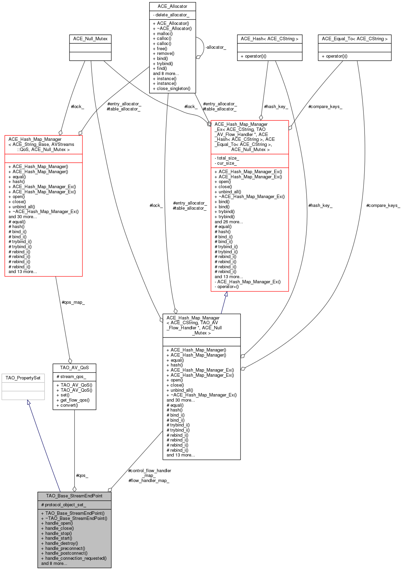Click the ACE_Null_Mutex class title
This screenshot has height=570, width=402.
(90, 39)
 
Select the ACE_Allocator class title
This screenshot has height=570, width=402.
(172, 6)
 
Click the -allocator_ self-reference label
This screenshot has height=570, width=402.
(216, 47)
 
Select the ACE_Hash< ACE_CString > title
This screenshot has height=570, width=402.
(269, 39)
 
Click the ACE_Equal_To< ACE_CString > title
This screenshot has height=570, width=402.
(354, 39)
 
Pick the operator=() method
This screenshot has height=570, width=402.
(227, 286)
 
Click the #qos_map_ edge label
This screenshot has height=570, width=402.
(73, 302)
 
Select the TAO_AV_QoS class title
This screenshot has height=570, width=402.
(75, 368)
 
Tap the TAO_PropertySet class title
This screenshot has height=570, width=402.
(23, 378)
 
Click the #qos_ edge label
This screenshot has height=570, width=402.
(82, 475)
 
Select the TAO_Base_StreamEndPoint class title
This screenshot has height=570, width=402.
(74, 496)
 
